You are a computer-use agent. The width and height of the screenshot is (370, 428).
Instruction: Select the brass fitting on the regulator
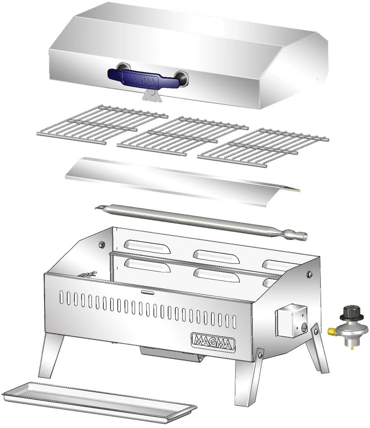[x=332, y=332]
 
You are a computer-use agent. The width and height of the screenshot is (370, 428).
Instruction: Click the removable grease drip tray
[x=99, y=401]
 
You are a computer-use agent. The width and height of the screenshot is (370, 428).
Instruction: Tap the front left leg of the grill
[x=50, y=354]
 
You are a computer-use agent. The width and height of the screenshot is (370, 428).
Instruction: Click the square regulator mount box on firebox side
[x=291, y=321]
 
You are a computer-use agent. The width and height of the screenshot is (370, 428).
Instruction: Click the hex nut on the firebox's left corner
[x=102, y=244]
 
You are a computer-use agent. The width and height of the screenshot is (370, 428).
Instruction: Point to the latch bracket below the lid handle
[x=151, y=95]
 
